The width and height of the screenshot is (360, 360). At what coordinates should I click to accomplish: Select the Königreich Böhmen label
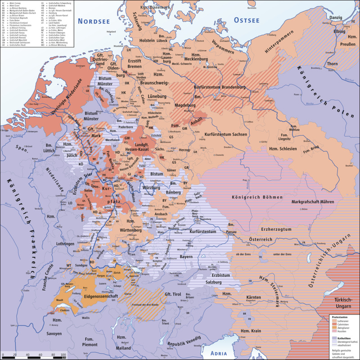click(257, 197)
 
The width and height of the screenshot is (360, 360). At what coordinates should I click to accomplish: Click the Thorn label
click(332, 64)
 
